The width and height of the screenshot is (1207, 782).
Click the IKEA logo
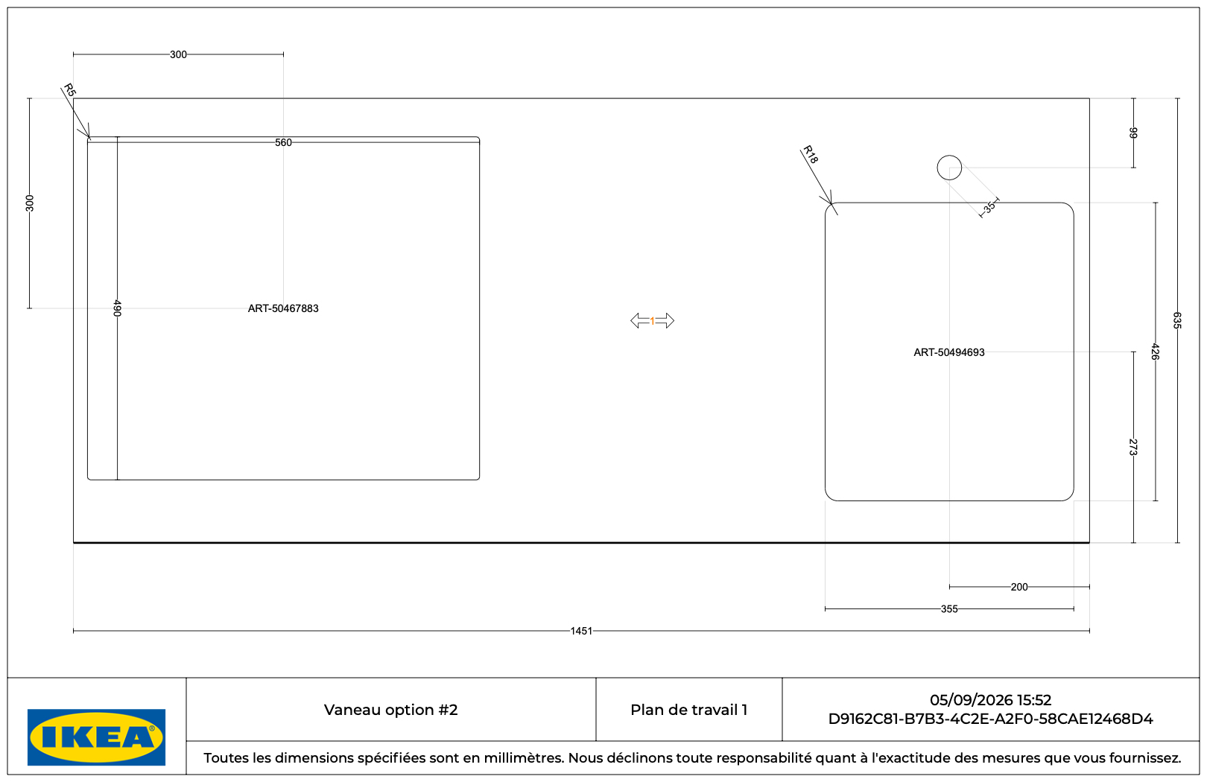[x=96, y=737]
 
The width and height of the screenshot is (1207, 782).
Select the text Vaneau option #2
[x=390, y=710]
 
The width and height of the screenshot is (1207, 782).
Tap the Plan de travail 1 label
[x=688, y=710]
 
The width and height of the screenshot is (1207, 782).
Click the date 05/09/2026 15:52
[x=990, y=700]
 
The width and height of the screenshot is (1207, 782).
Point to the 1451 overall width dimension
[x=581, y=631]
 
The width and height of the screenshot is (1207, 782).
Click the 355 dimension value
[x=949, y=609]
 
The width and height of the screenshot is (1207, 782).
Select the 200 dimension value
[x=1019, y=587]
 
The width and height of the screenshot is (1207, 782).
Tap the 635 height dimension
[x=1177, y=320]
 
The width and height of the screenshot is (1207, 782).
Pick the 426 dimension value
[x=1155, y=352]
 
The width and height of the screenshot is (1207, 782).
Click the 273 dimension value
[x=1132, y=447]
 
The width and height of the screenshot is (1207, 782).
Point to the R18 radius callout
[x=811, y=155]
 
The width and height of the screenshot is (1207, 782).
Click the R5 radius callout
[x=69, y=90]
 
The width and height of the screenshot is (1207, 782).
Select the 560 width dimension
[x=283, y=142]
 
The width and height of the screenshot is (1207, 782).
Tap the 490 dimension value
[x=118, y=308]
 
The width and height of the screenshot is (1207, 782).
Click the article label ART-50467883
[x=283, y=308]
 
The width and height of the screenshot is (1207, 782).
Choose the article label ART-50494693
[x=949, y=352]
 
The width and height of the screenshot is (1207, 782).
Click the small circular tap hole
[x=949, y=156]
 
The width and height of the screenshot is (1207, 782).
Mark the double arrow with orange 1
[x=652, y=321]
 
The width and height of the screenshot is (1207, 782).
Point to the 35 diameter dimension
[x=990, y=207]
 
